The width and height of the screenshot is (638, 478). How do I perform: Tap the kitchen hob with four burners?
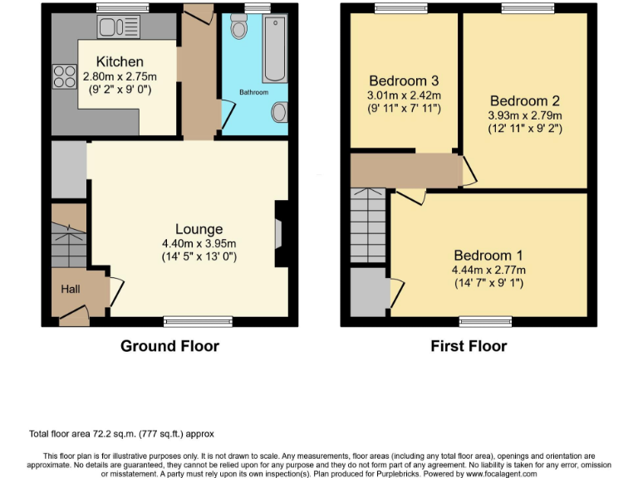click(64, 77)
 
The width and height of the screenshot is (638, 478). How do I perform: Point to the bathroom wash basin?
click(280, 111)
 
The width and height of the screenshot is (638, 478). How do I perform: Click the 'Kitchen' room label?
click(120, 62)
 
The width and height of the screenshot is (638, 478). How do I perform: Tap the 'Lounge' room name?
click(199, 229)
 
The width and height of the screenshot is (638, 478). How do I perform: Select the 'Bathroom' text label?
click(254, 92)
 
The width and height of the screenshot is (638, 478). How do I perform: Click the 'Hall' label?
click(70, 290)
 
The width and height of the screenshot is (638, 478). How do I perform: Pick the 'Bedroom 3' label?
click(404, 81)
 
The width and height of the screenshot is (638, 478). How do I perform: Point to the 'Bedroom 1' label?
click(488, 256)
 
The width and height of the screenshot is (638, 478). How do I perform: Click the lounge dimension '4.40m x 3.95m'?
click(199, 243)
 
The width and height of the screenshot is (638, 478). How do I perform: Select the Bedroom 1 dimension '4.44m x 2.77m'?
click(488, 270)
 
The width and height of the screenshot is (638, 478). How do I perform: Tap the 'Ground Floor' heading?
click(170, 346)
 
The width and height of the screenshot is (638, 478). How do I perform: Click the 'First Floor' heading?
click(469, 346)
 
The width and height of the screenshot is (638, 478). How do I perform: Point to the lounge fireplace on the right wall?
click(280, 235)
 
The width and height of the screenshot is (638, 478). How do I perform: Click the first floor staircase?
click(368, 224)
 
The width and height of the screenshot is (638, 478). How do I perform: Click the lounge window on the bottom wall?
click(187, 320)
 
